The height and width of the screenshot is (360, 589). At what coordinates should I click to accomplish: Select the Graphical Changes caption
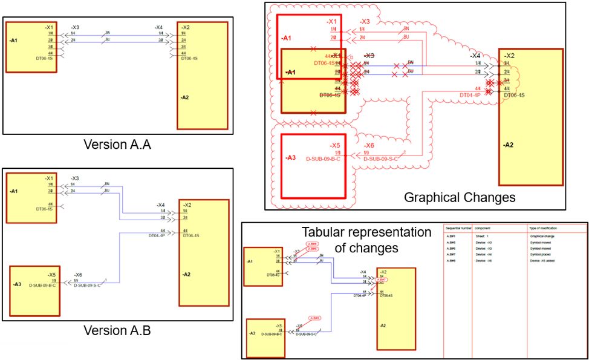click(460, 197)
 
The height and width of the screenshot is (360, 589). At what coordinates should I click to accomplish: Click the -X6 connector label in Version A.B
click(79, 275)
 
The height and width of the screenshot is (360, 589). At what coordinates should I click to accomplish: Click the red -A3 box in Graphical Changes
click(313, 165)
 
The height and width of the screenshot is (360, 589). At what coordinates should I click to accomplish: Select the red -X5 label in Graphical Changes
click(335, 146)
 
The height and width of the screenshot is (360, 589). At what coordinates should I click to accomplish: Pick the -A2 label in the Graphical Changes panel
click(509, 145)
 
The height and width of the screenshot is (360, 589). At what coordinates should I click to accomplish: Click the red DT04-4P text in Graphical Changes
click(470, 95)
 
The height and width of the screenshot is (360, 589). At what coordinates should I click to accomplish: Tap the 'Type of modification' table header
click(544, 228)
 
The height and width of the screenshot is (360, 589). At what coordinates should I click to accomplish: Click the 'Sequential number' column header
click(458, 228)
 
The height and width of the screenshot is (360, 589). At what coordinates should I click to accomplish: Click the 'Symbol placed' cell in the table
click(541, 254)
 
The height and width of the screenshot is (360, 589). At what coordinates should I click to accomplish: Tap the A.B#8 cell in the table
click(451, 260)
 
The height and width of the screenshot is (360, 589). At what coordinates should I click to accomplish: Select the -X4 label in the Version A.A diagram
click(158, 27)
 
